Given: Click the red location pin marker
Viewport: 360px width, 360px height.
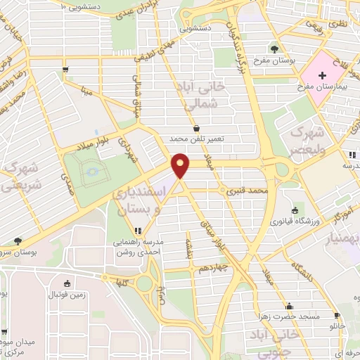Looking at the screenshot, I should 181,165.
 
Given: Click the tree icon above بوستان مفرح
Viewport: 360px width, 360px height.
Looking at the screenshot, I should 274,49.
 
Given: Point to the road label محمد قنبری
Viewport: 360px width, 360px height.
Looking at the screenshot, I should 251,191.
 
